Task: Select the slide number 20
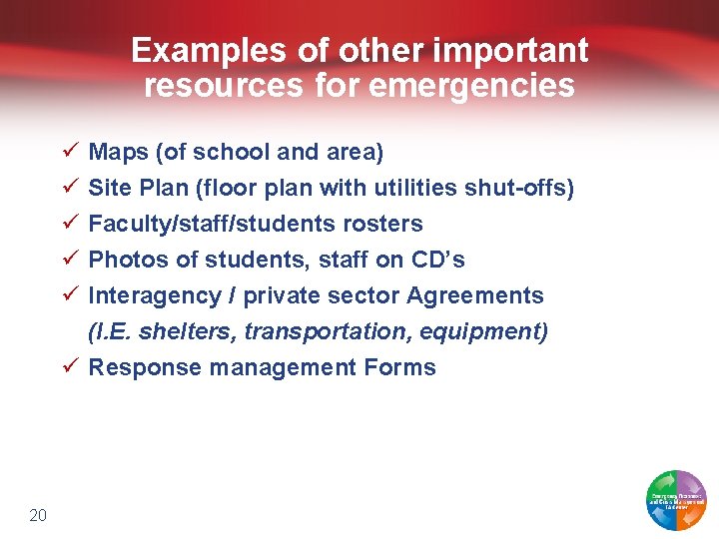pyautogui.click(x=38, y=515)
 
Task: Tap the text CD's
pyautogui.click(x=437, y=261)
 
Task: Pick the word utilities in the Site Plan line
pyautogui.click(x=412, y=189)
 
